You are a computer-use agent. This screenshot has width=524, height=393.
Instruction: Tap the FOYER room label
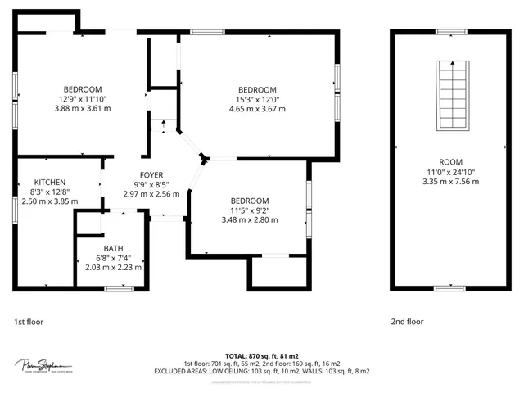point(151,175)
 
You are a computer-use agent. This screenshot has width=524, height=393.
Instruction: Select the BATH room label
point(114,248)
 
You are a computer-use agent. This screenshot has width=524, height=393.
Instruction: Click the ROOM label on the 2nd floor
point(451,162)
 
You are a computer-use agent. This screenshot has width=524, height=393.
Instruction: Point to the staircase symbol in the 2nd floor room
point(451,93)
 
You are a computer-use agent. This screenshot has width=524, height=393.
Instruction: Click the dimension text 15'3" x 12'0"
point(257,99)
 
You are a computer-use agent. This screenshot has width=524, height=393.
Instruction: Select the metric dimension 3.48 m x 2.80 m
point(249,220)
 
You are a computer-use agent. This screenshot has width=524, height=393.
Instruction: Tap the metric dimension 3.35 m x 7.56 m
point(451,182)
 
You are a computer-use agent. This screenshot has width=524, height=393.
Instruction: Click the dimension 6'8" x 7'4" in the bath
point(114,258)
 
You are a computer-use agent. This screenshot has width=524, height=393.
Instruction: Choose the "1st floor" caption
point(29,322)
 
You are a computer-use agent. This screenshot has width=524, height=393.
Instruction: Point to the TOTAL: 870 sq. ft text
point(261,355)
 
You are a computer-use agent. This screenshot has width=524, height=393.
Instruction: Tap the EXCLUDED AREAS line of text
point(261,371)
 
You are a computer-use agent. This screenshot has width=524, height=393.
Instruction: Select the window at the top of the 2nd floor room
point(450,32)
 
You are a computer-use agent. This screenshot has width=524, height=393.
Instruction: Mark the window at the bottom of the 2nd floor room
point(450,287)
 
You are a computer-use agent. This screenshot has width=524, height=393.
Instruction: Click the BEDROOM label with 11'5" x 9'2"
point(249,201)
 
